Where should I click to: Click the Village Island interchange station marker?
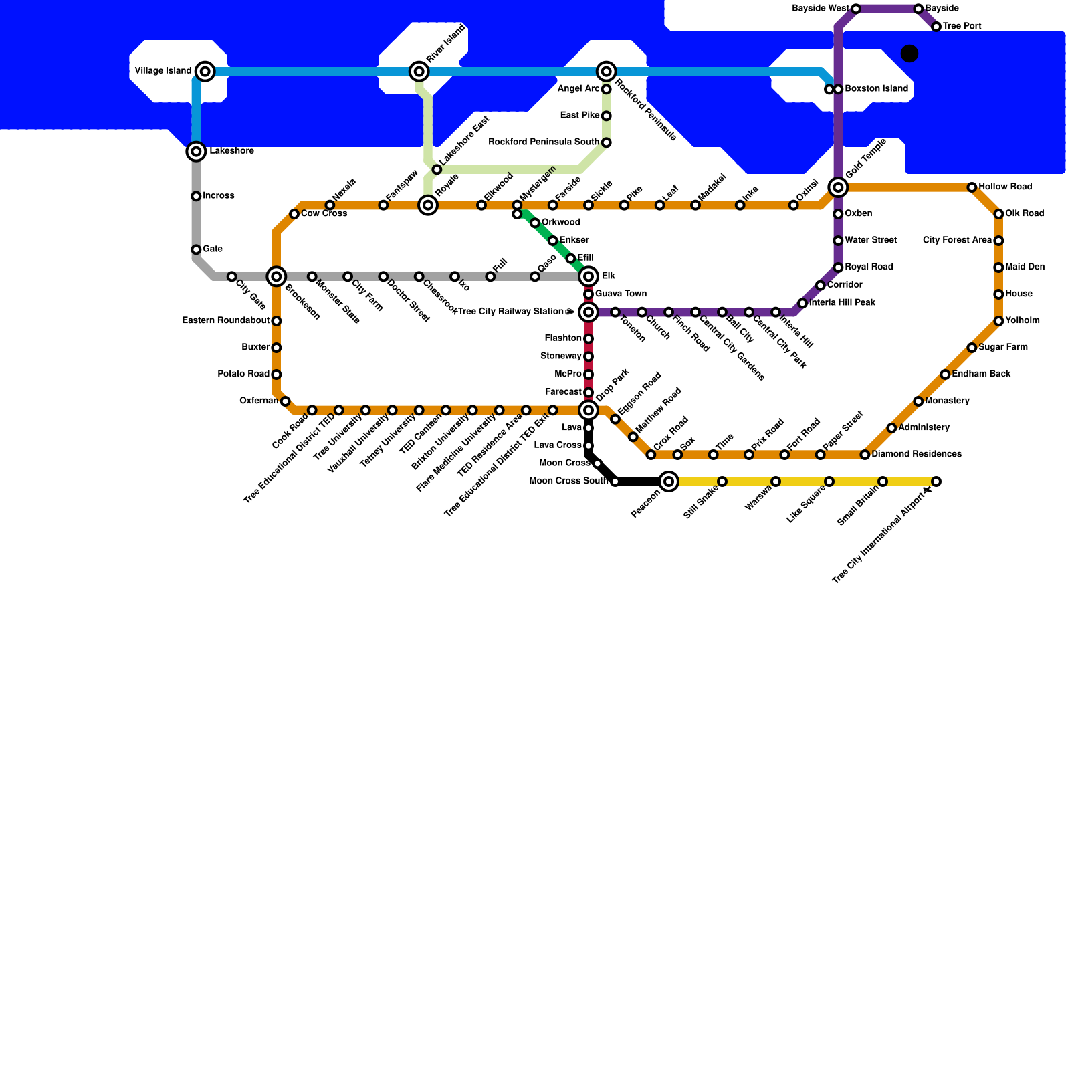pyautogui.click(x=205, y=71)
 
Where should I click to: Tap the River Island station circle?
pyautogui.click(x=419, y=71)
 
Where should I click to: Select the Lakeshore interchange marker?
pyautogui.click(x=196, y=152)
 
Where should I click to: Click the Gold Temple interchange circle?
pyautogui.click(x=838, y=187)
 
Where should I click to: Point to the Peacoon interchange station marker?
pyautogui.click(x=668, y=481)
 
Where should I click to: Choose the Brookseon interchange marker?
pyautogui.click(x=276, y=276)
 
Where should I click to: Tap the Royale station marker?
pyautogui.click(x=428, y=205)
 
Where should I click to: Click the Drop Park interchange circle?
pyautogui.click(x=588, y=410)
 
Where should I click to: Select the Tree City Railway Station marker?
pyautogui.click(x=588, y=312)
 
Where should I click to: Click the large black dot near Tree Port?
pyautogui.click(x=909, y=53)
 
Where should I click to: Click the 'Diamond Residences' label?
pyautogui.click(x=916, y=455)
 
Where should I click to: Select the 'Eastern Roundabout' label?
pyautogui.click(x=225, y=321)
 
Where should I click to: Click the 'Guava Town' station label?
pyautogui.click(x=621, y=294)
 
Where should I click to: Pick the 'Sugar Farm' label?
pyautogui.click(x=1003, y=348)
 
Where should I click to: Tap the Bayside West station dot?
pyautogui.click(x=856, y=9)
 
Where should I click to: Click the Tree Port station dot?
pyautogui.click(x=936, y=27)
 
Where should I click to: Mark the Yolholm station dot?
pyautogui.click(x=998, y=321)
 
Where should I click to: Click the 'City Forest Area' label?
pyautogui.click(x=957, y=241)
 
